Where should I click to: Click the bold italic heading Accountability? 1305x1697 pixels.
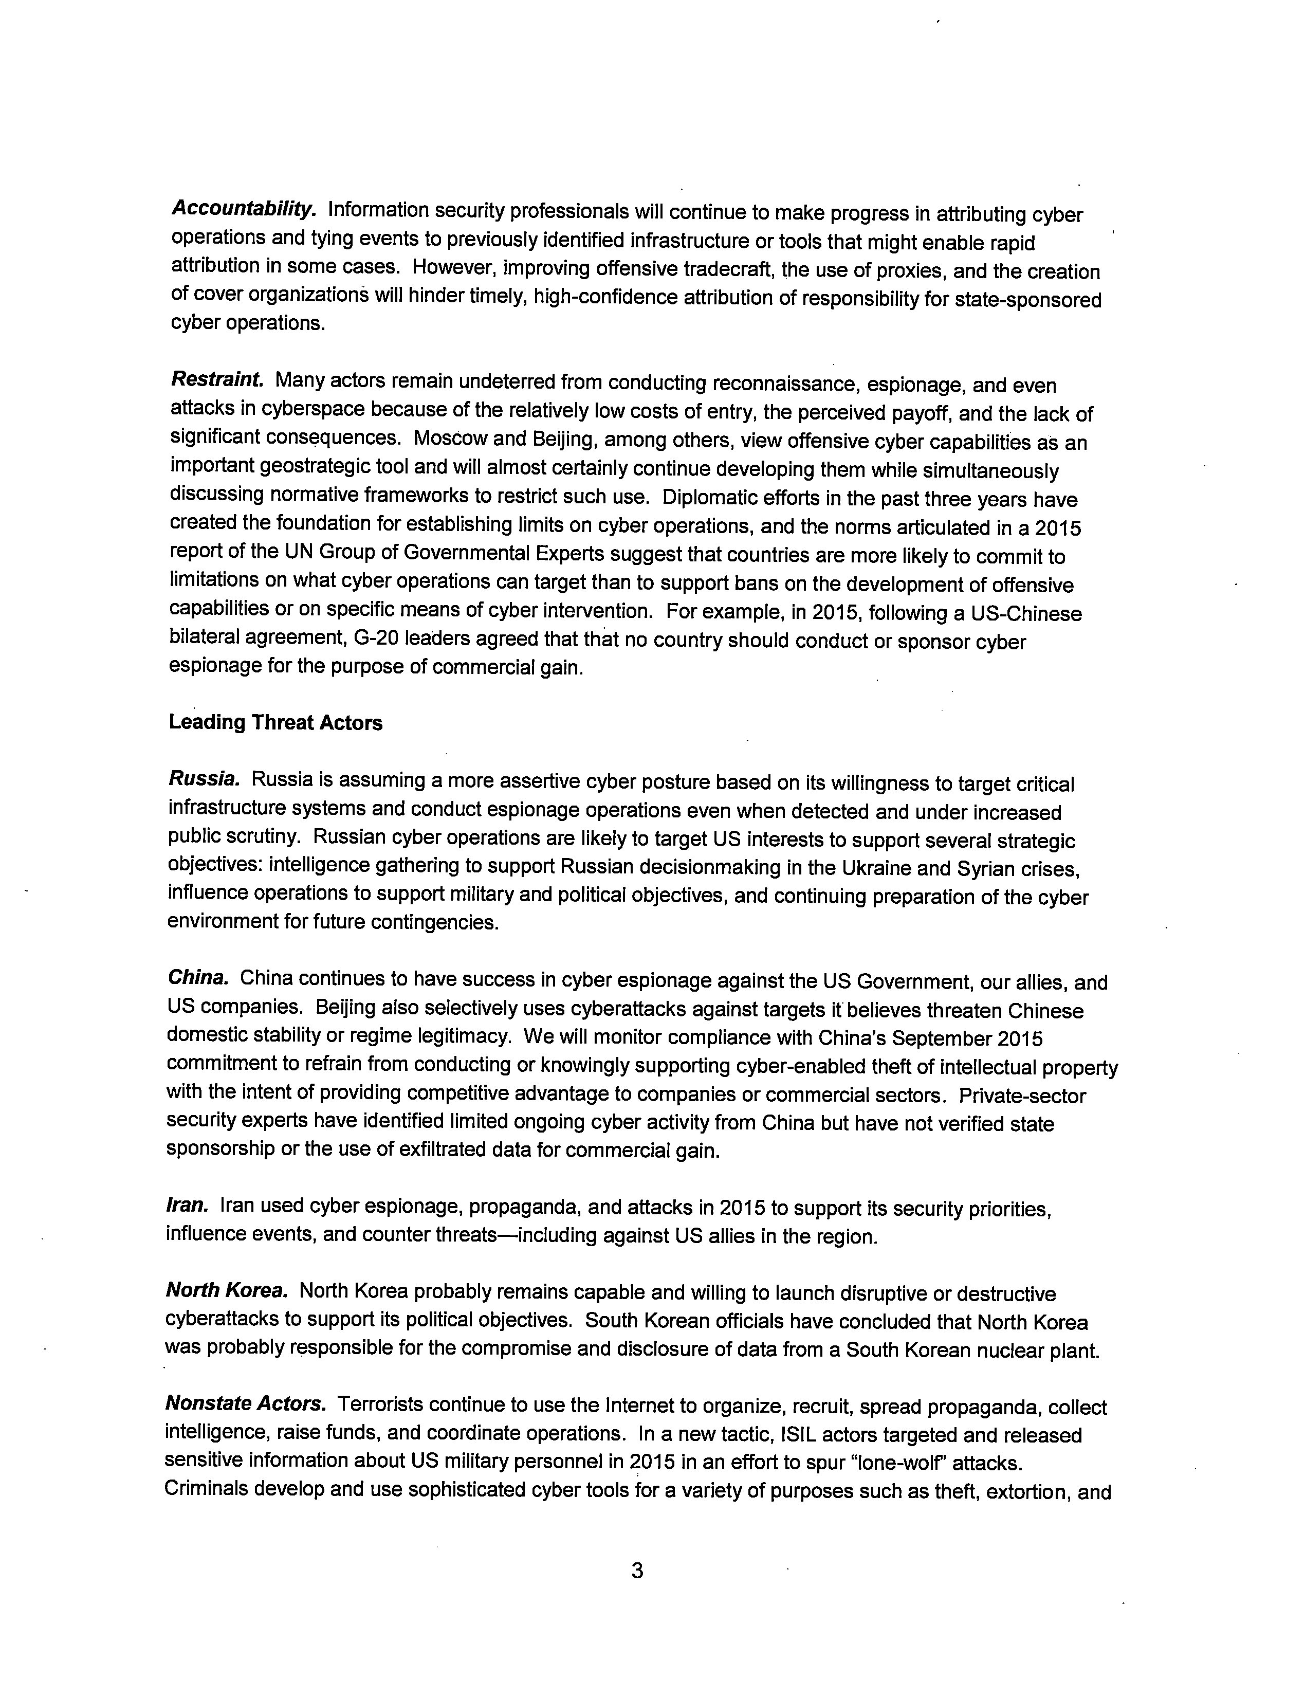[243, 209]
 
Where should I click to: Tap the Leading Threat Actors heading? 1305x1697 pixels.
[276, 723]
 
